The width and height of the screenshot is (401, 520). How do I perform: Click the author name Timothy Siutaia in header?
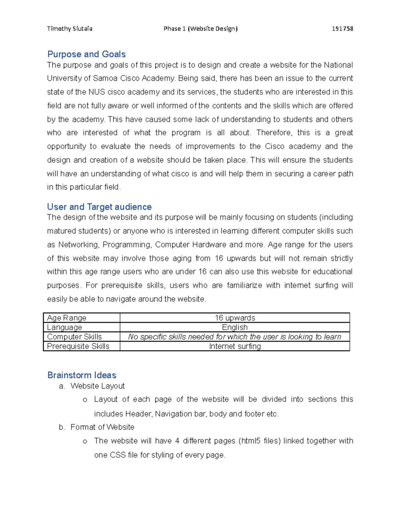point(70,29)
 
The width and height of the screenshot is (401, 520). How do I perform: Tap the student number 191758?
point(342,29)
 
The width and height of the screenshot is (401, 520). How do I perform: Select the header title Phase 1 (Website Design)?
point(200,29)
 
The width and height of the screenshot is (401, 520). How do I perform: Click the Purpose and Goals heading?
point(87,54)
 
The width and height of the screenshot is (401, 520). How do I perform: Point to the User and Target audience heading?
point(99,207)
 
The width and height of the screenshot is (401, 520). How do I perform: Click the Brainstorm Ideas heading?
point(82,375)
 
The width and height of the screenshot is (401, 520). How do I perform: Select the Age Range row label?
point(67,318)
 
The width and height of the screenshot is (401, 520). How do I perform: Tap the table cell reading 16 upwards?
point(235,318)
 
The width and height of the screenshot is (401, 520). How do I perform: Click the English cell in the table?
point(235,327)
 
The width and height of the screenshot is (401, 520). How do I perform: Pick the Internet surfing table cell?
point(235,346)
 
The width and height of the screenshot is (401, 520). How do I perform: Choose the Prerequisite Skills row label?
point(78,346)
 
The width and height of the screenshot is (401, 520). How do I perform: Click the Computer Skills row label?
point(75,337)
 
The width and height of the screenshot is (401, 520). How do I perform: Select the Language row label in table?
point(64,327)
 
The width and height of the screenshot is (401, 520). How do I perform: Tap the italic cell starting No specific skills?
point(235,337)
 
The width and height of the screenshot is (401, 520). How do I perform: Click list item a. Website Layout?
point(97,386)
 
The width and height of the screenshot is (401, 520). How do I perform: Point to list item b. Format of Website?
point(102,427)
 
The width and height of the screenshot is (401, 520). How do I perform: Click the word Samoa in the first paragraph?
point(105,78)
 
